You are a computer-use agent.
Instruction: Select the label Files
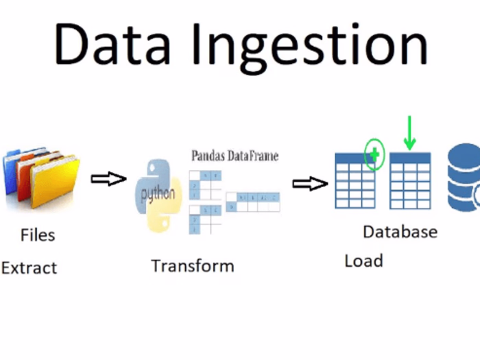pyautogui.click(x=38, y=235)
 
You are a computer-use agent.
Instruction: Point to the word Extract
pyautogui.click(x=29, y=268)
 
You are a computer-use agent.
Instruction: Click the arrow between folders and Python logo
pyautogui.click(x=108, y=179)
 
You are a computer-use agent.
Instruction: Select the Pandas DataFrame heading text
pyautogui.click(x=235, y=156)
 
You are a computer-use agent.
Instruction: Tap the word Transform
pyautogui.click(x=193, y=266)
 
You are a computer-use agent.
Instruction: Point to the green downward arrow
pyautogui.click(x=410, y=133)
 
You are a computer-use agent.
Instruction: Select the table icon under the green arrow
pyautogui.click(x=410, y=180)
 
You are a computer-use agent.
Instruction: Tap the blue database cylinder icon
pyautogui.click(x=465, y=178)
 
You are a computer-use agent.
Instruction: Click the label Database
pyautogui.click(x=400, y=232)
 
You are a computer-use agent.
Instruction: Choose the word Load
pyautogui.click(x=363, y=261)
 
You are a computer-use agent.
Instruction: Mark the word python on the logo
pyautogui.click(x=158, y=194)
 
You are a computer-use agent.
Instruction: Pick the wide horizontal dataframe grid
pyautogui.click(x=253, y=201)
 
